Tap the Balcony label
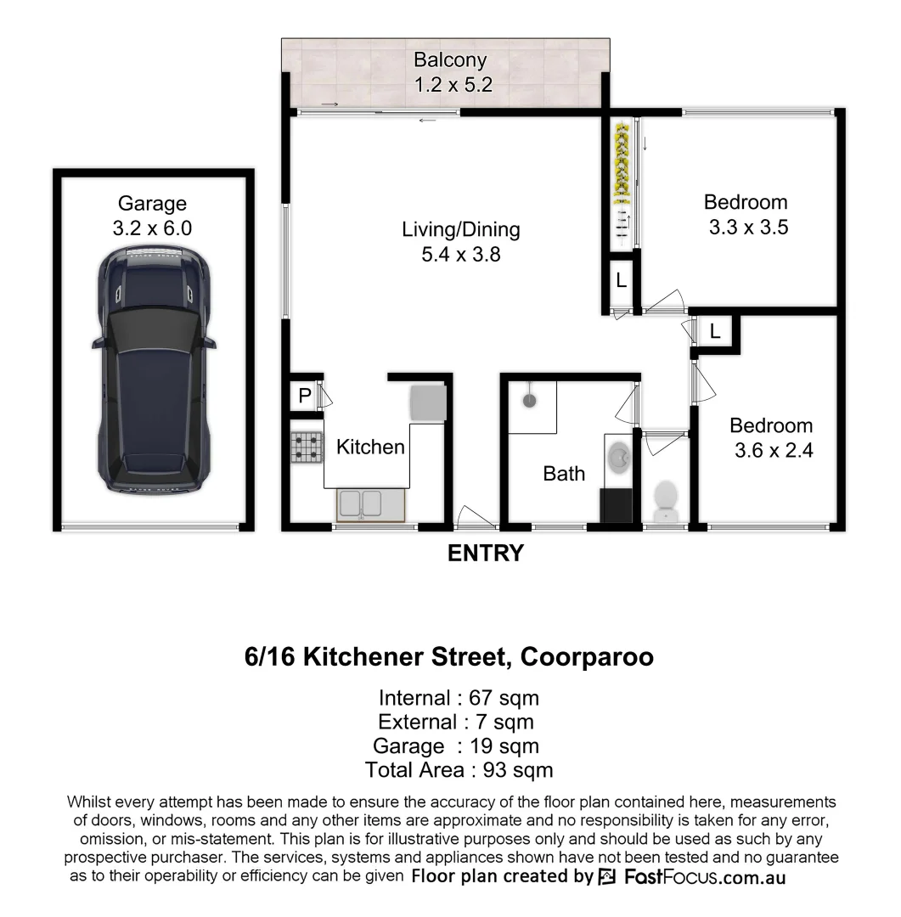tap(450, 60)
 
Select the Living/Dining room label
tap(460, 229)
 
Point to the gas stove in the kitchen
tap(307, 447)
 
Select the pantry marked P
tap(303, 396)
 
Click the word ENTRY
tap(486, 554)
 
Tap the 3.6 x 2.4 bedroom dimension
tap(773, 451)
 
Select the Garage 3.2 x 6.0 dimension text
tap(153, 228)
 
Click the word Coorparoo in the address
tap(587, 657)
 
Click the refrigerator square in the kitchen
tap(427, 402)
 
